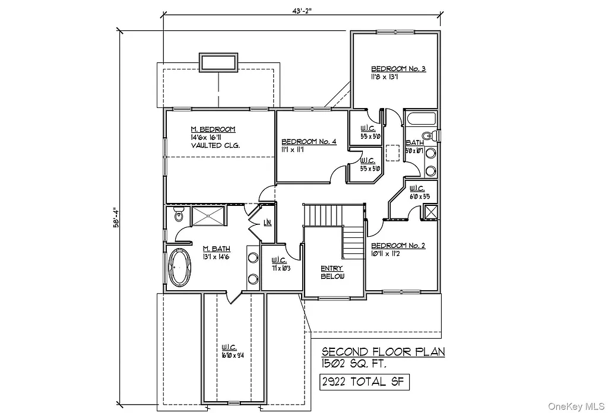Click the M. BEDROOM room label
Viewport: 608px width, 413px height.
pyautogui.click(x=213, y=129)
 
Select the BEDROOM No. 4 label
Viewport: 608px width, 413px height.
pyautogui.click(x=309, y=141)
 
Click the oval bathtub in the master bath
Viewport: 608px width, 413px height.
pyautogui.click(x=180, y=267)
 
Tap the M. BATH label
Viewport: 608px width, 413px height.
pyautogui.click(x=216, y=249)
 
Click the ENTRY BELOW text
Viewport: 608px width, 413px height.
pyautogui.click(x=332, y=272)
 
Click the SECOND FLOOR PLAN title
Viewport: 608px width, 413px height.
pyautogui.click(x=384, y=352)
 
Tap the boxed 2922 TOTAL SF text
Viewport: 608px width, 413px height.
pyautogui.click(x=363, y=382)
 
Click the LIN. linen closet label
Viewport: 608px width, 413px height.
pyautogui.click(x=268, y=223)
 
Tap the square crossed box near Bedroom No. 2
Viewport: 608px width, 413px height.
pyautogui.click(x=430, y=212)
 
